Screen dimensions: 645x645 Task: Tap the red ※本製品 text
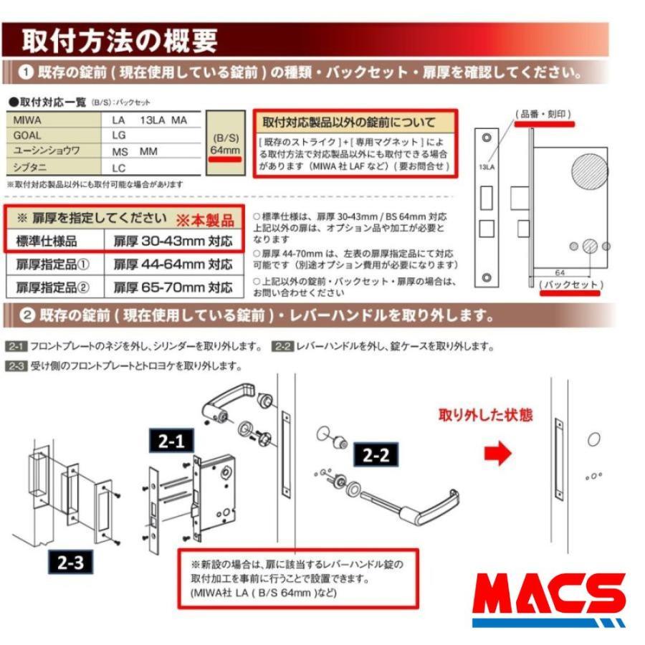(206, 218)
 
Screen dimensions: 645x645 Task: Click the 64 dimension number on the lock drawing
(558, 272)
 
